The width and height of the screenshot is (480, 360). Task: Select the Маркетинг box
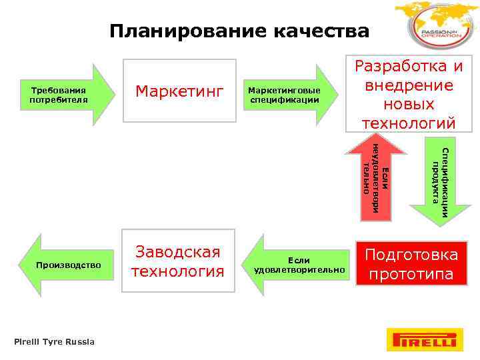click(179, 91)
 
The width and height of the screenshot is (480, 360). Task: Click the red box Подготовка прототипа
click(412, 264)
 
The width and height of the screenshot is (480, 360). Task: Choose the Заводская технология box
click(178, 262)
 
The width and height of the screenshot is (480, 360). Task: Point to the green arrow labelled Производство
click(67, 265)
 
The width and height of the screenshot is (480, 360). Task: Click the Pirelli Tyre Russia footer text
click(55, 342)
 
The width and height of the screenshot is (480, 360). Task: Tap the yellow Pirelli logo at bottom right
click(424, 340)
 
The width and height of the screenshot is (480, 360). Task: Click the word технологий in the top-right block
click(409, 123)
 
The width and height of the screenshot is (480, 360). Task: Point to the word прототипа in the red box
click(411, 275)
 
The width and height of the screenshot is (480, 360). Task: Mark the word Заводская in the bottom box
click(178, 252)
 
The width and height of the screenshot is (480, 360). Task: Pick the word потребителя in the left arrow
click(59, 100)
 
